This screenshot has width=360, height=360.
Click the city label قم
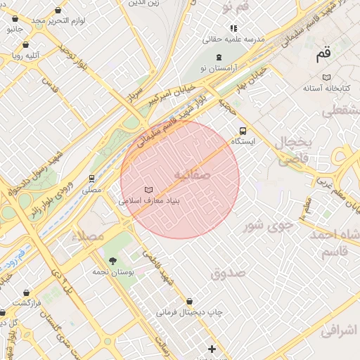[x=323, y=53]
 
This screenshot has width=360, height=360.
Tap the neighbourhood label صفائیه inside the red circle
[x=192, y=173]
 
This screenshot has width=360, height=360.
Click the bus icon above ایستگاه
[x=243, y=131]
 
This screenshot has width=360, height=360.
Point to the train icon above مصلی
[x=91, y=179]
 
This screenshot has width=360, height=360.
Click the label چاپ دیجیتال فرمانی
[x=189, y=311]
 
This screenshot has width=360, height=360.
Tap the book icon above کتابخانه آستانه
[x=326, y=77]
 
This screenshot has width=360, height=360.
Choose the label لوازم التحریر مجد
[x=58, y=20]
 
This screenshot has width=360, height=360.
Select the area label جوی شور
[x=266, y=226]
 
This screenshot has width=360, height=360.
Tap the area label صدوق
[x=226, y=272]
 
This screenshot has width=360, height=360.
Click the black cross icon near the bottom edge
[x=212, y=349]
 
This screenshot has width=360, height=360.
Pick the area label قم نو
[x=236, y=7]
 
